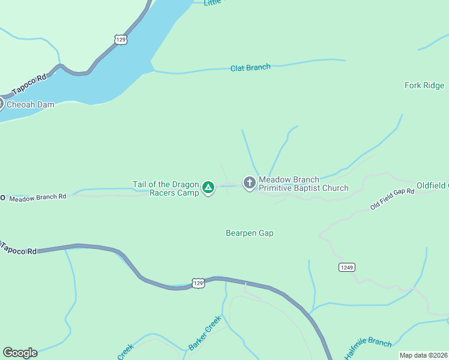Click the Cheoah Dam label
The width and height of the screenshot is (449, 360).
click(30, 105)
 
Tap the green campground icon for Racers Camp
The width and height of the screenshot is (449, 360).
click(208, 188)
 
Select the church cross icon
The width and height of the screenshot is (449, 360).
click(249, 182)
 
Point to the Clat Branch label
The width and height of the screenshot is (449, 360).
click(250, 68)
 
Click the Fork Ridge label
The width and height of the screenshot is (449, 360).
click(424, 86)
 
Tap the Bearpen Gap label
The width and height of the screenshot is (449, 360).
click(250, 233)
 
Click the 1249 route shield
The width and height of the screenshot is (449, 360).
click(346, 267)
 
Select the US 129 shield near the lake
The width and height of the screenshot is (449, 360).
click(121, 39)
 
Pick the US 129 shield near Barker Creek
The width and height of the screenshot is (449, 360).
click(198, 282)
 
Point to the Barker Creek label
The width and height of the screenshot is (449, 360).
click(205, 333)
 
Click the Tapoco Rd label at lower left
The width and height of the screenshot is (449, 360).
click(18, 248)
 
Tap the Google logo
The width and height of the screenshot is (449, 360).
click(20, 353)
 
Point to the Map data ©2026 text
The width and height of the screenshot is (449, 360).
click(424, 355)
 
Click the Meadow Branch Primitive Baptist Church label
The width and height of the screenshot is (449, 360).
click(303, 184)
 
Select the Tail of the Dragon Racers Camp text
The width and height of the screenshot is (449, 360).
click(166, 188)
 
